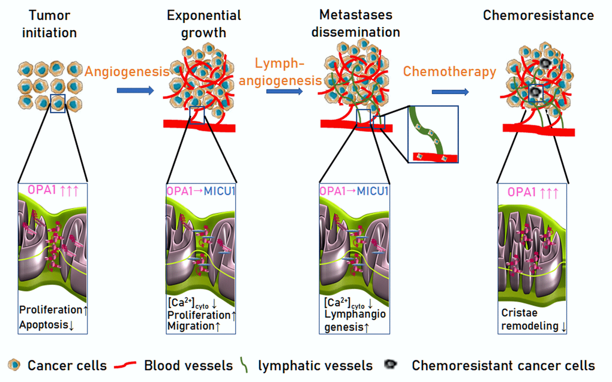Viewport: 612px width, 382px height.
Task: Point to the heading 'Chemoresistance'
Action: [538, 15]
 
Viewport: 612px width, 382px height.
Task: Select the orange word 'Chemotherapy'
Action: [449, 72]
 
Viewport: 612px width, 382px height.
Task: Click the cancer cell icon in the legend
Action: [15, 365]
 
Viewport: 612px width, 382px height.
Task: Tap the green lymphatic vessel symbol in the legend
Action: [245, 365]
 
